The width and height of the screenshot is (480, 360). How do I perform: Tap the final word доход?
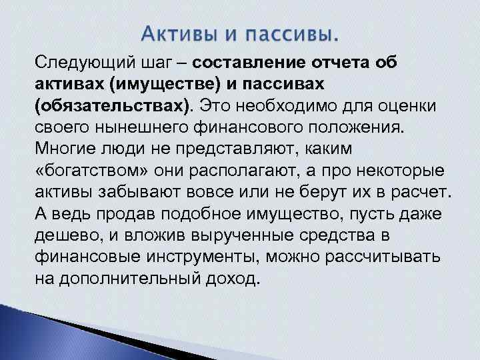[233, 279]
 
